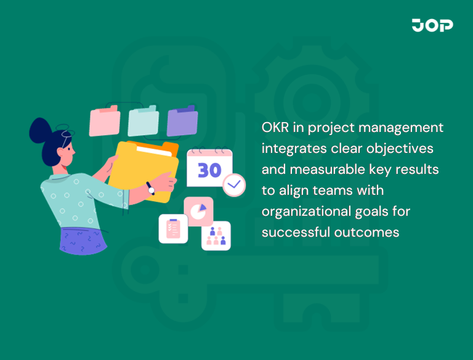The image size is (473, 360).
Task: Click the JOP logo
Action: click(432, 25)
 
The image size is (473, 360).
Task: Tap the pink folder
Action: click(104, 121)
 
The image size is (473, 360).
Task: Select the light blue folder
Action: click(143, 121)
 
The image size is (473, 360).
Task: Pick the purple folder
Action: click(182, 121)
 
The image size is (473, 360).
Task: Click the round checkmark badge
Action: click(234, 184)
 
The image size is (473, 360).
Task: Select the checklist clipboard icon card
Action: click(173, 229)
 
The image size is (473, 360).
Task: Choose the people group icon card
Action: click(216, 235)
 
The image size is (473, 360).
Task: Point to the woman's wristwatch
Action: click(150, 188)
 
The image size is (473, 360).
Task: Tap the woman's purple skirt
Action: click(86, 240)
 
